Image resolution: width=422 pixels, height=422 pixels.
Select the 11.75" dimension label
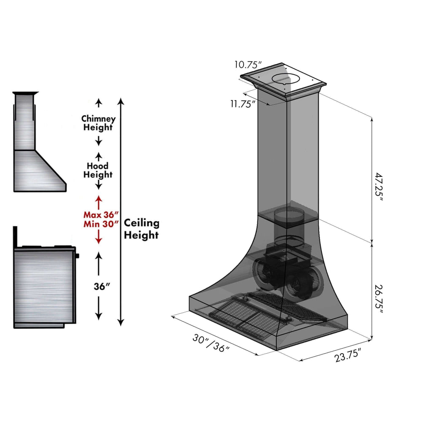pyautogui.click(x=243, y=104)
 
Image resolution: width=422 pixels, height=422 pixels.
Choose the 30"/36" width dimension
pyautogui.click(x=211, y=344)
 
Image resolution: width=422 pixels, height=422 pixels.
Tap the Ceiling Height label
pyautogui.click(x=141, y=229)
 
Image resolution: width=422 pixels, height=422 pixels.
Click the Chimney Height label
pyautogui.click(x=98, y=123)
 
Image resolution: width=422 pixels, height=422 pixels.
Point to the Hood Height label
pyautogui.click(x=98, y=170)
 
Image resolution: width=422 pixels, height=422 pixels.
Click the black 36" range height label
pyautogui.click(x=102, y=286)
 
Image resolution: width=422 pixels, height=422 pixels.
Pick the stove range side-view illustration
pyautogui.click(x=44, y=285)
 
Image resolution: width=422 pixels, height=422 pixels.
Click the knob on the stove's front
pyautogui.click(x=78, y=255)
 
